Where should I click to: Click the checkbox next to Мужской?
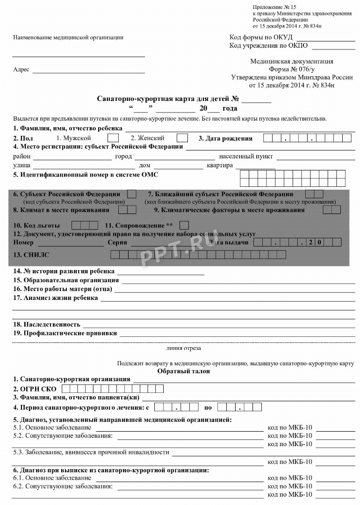click(x=113, y=138)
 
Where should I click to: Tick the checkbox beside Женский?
click(x=182, y=138)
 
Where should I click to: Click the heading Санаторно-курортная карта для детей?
click(x=163, y=99)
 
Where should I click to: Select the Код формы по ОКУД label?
click(x=261, y=37)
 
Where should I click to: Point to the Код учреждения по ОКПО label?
click(x=268, y=46)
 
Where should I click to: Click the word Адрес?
click(x=21, y=70)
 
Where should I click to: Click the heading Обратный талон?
click(x=184, y=371)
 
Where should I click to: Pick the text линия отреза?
click(x=184, y=348)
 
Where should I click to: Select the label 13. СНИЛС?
click(x=31, y=255)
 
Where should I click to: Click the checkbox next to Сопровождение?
click(x=184, y=225)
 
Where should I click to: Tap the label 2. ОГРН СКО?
click(x=35, y=389)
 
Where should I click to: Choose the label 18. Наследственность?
click(x=47, y=324)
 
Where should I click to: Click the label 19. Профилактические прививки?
click(x=65, y=334)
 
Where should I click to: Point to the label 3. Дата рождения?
click(x=225, y=138)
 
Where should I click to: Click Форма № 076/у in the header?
click(x=292, y=69)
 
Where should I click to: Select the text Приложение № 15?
click(x=275, y=7)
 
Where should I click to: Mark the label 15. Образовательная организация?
click(x=66, y=280)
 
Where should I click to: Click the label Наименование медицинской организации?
click(x=68, y=37)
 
